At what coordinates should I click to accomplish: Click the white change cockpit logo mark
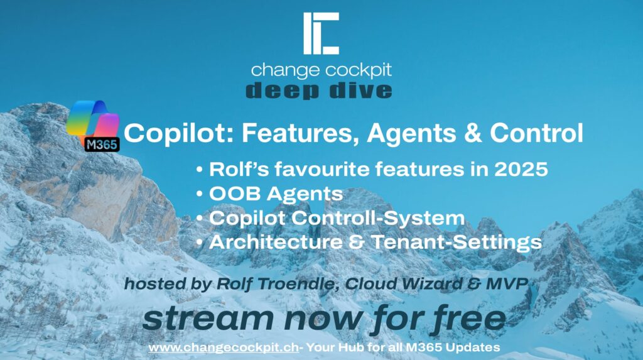(x=321, y=33)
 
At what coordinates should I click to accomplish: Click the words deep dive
(x=319, y=90)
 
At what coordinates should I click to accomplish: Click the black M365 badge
(x=102, y=145)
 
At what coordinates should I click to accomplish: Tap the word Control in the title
(x=536, y=133)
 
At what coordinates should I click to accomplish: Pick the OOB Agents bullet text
(x=276, y=194)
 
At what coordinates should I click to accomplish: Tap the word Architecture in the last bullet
(x=276, y=242)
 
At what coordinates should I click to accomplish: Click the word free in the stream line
(x=468, y=318)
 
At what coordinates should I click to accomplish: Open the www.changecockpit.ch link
(x=224, y=347)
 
